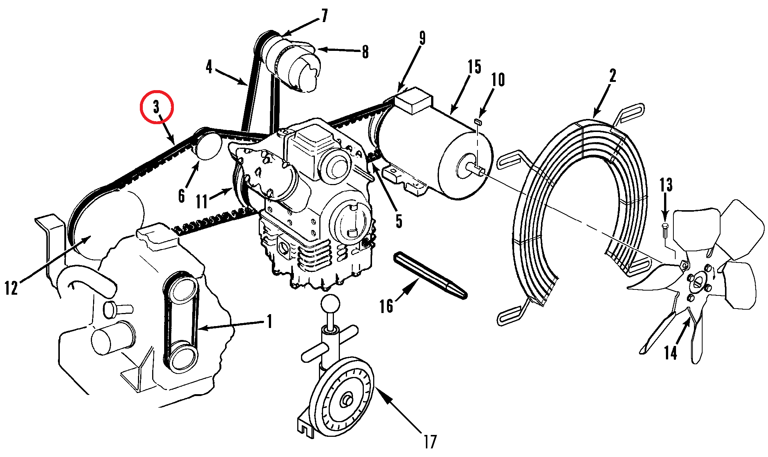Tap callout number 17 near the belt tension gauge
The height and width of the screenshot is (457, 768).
[x=430, y=442]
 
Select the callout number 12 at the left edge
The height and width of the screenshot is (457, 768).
[x=11, y=288]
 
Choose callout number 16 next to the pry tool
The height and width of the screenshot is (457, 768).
[x=386, y=306]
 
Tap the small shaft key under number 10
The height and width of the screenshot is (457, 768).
[x=478, y=121]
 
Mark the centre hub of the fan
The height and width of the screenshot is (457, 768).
[x=698, y=283]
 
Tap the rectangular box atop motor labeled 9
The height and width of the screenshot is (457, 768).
[x=413, y=100]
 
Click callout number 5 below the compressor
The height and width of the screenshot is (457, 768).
[x=399, y=221]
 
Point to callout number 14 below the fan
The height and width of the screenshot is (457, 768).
[x=670, y=353]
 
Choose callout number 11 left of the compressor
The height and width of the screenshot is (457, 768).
[x=202, y=201]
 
